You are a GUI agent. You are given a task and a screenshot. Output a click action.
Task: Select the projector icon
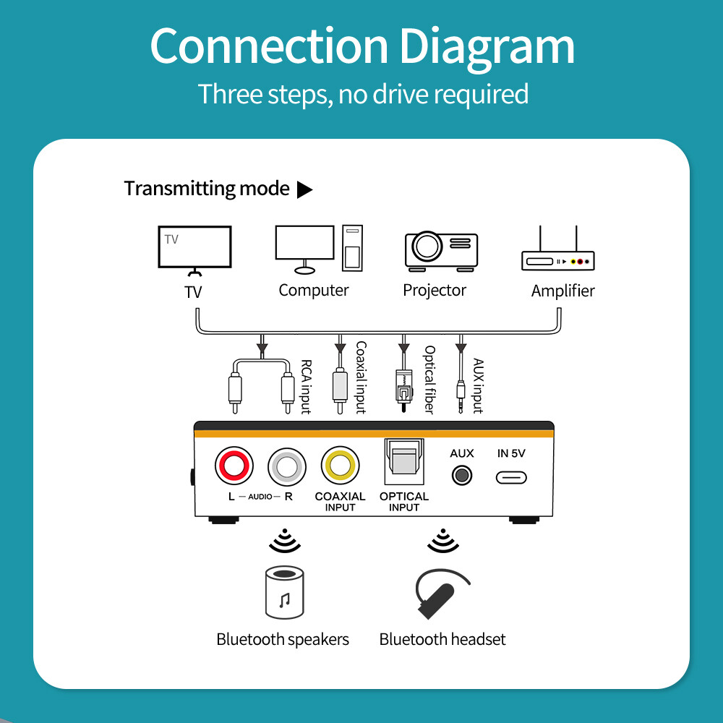coord(440,251)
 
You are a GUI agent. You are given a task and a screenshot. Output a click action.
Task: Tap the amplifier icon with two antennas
coord(557,252)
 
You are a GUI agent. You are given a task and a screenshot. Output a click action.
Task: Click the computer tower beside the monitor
coord(352,249)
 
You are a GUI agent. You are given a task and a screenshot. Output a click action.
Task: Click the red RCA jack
coord(234,466)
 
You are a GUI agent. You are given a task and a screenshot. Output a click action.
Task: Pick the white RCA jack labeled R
coord(287,466)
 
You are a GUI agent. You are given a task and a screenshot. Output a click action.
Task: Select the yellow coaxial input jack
coord(340,466)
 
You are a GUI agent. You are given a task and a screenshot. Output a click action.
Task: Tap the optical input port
coord(403,463)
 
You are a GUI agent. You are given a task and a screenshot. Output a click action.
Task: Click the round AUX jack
coord(461,476)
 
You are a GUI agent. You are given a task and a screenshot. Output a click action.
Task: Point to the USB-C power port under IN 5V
coord(511,477)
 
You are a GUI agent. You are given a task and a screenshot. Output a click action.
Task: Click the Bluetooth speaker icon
coord(284,594)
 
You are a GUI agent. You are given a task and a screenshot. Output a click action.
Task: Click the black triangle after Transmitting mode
coord(305,189)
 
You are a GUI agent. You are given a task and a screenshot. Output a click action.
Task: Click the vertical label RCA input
coord(306,388)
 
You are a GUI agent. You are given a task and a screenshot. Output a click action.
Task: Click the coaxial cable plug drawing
coord(339,387)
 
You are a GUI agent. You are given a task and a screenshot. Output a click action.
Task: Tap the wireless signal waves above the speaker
coord(283,540)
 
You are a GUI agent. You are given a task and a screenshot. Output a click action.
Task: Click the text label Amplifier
coord(562,291)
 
